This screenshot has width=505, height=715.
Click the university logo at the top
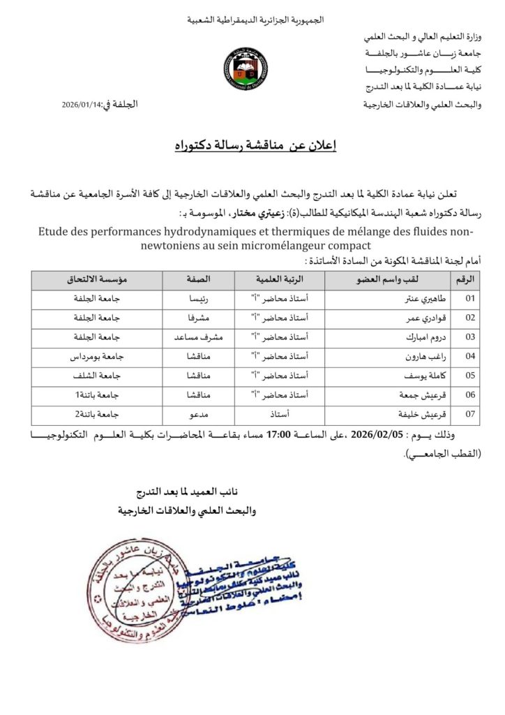click(245, 71)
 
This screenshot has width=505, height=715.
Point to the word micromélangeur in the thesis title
click(314, 246)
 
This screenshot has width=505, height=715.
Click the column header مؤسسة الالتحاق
click(97, 280)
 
